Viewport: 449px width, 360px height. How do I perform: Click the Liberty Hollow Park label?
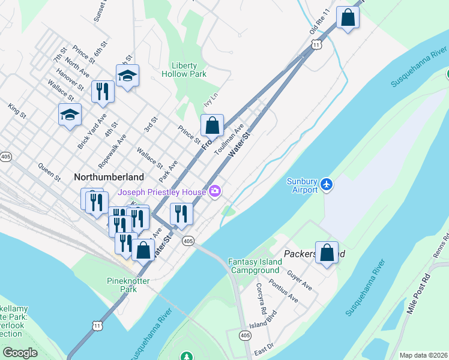(x=184, y=70)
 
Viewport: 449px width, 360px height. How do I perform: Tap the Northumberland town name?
(x=109, y=177)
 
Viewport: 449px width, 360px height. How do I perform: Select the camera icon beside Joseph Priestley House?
(x=215, y=192)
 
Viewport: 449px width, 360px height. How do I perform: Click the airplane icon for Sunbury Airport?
(x=326, y=183)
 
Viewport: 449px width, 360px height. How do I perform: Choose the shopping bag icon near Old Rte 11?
(x=347, y=17)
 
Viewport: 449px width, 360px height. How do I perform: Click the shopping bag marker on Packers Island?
(x=327, y=253)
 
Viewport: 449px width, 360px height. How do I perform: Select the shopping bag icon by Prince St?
(x=212, y=126)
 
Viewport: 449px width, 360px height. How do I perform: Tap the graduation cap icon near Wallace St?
(x=70, y=115)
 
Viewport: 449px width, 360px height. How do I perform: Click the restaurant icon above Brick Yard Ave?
(x=103, y=92)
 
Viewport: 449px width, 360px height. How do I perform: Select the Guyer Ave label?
(x=300, y=280)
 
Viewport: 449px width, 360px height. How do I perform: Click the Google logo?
(x=20, y=353)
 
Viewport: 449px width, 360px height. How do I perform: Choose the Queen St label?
(x=49, y=172)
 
